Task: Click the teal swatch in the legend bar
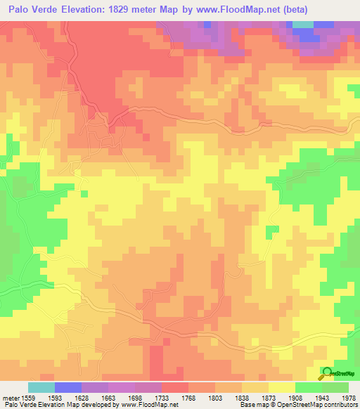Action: point(41,387)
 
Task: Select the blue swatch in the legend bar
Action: point(67,387)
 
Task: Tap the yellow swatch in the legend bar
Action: point(281,387)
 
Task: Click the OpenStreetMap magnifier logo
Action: point(327,372)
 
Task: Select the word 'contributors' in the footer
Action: point(340,404)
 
